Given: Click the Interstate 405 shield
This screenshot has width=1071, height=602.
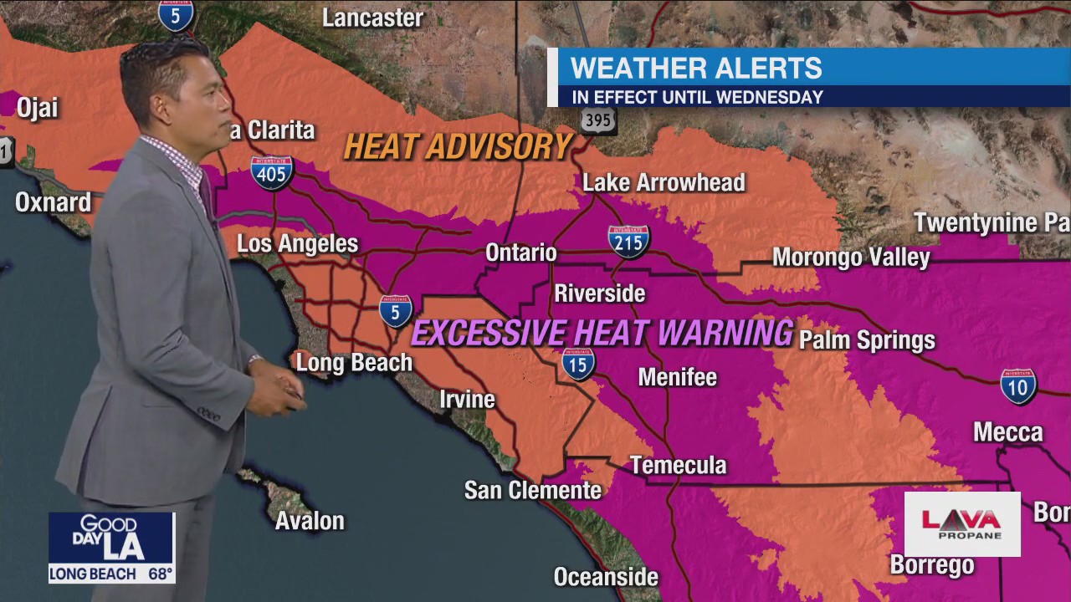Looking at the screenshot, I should click(x=272, y=172).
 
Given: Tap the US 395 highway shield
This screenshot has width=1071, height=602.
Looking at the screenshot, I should click(x=598, y=120).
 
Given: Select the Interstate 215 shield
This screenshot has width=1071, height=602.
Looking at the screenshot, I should click(x=628, y=241).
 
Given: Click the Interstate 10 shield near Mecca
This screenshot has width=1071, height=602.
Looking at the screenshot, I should click(x=1018, y=386).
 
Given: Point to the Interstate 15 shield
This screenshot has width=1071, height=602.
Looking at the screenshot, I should click(x=578, y=364).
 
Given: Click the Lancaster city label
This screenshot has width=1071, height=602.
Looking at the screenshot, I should click(x=372, y=18).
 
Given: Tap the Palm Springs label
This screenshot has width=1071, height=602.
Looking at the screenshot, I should click(x=867, y=340).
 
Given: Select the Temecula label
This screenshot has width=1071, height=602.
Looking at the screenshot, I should click(x=678, y=465).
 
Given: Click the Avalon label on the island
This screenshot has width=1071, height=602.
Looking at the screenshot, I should click(x=310, y=521).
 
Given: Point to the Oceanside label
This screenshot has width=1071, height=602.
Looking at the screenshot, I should click(x=606, y=577).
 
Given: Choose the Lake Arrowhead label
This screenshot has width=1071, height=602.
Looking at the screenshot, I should click(x=664, y=182).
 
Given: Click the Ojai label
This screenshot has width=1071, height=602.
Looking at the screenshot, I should click(x=37, y=108).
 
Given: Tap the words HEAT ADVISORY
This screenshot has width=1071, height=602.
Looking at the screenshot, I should click(x=458, y=146).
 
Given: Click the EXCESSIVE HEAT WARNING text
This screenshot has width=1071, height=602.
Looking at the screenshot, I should click(x=602, y=333).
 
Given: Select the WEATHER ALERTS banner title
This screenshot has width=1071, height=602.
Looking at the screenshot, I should click(x=696, y=68).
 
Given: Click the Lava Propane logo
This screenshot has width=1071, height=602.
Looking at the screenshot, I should click(x=961, y=523).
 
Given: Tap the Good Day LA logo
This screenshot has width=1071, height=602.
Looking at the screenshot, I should click(x=110, y=538).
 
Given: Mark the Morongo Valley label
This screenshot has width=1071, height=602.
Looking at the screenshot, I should click(x=850, y=257).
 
